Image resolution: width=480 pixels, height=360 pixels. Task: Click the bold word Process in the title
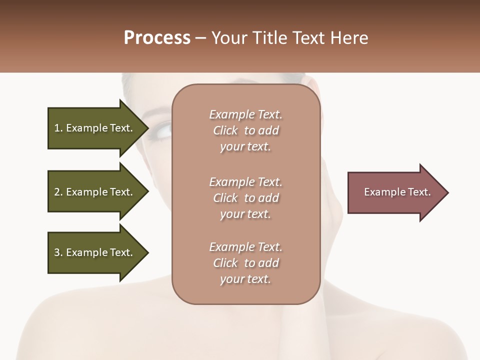tap(157, 38)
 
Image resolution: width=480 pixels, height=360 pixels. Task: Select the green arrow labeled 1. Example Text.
tap(95, 128)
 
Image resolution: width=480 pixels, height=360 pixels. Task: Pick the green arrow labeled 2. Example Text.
tap(95, 192)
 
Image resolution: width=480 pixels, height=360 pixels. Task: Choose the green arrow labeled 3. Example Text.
tap(95, 252)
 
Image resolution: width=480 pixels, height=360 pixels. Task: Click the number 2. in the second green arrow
tap(58, 192)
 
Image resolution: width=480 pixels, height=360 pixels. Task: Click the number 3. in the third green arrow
tap(58, 252)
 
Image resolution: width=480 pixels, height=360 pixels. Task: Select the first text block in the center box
tap(245, 130)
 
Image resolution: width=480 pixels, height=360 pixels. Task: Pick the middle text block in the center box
tap(245, 198)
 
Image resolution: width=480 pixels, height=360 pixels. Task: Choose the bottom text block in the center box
tap(245, 263)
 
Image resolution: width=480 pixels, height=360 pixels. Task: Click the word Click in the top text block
tap(225, 130)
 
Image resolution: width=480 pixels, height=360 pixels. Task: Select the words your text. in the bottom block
tap(245, 279)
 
